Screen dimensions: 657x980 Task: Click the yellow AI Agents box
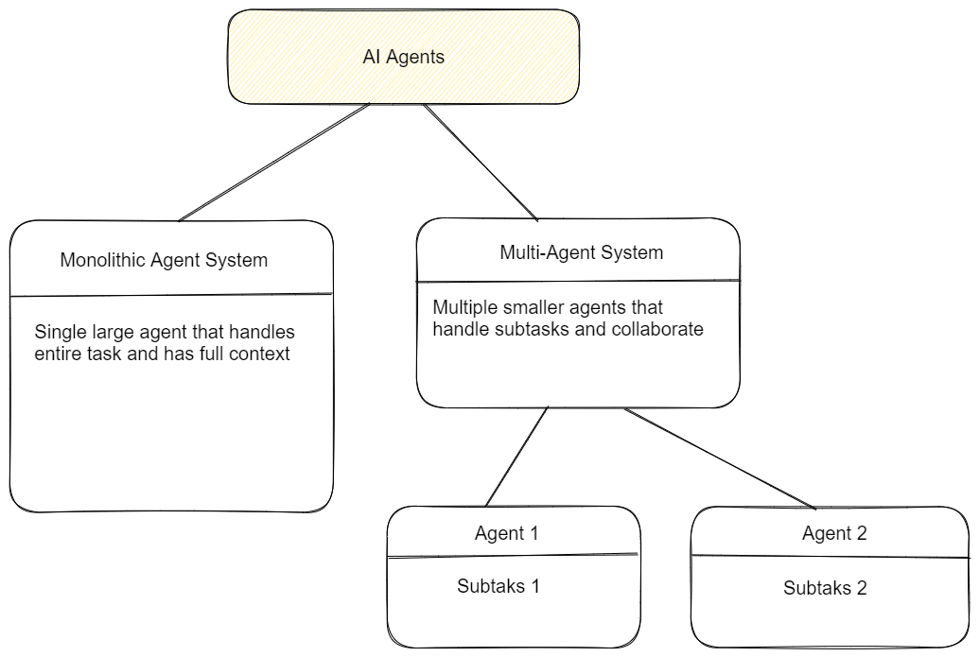pos(403,57)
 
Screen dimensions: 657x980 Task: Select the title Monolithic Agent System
pos(164,259)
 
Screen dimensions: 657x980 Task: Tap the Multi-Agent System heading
pos(581,252)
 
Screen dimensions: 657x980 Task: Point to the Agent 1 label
pos(506,533)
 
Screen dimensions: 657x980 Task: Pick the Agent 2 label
pos(834,533)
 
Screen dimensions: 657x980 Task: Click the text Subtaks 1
pos(498,585)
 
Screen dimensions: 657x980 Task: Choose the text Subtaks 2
pos(825,588)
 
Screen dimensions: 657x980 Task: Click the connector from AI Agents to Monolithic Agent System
pos(274,162)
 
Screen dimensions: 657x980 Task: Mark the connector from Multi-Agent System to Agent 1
pos(517,457)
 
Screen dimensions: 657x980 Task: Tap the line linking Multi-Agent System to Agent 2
pos(719,458)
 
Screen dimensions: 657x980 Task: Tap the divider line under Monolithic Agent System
pos(170,295)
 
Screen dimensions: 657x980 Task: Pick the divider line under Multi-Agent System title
pos(578,280)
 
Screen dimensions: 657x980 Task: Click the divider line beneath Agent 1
pos(514,556)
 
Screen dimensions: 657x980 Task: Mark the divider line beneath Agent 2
pos(830,557)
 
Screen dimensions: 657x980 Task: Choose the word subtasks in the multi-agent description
pos(527,329)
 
